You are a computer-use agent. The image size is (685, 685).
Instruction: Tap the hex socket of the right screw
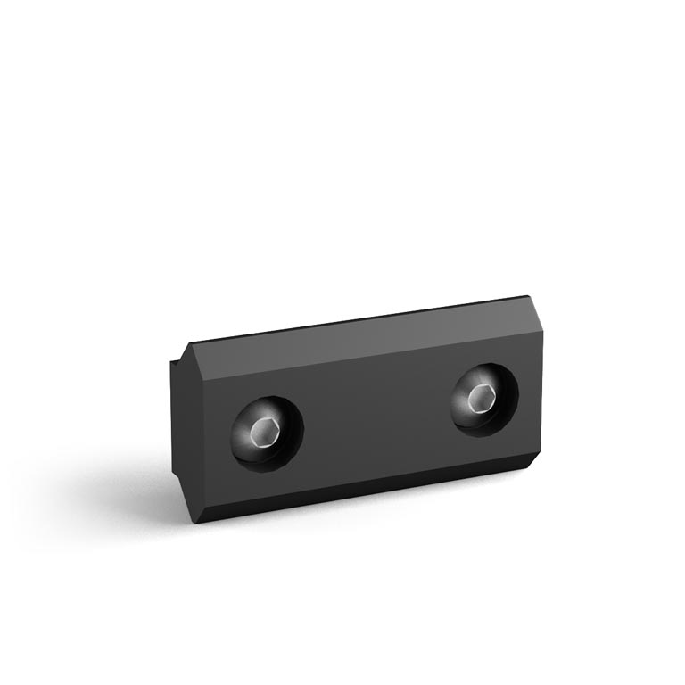tap(479, 399)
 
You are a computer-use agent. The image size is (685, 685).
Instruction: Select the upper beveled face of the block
tap(357, 343)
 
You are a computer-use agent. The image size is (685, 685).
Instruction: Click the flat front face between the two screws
tap(375, 419)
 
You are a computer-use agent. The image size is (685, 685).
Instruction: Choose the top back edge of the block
tap(357, 321)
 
